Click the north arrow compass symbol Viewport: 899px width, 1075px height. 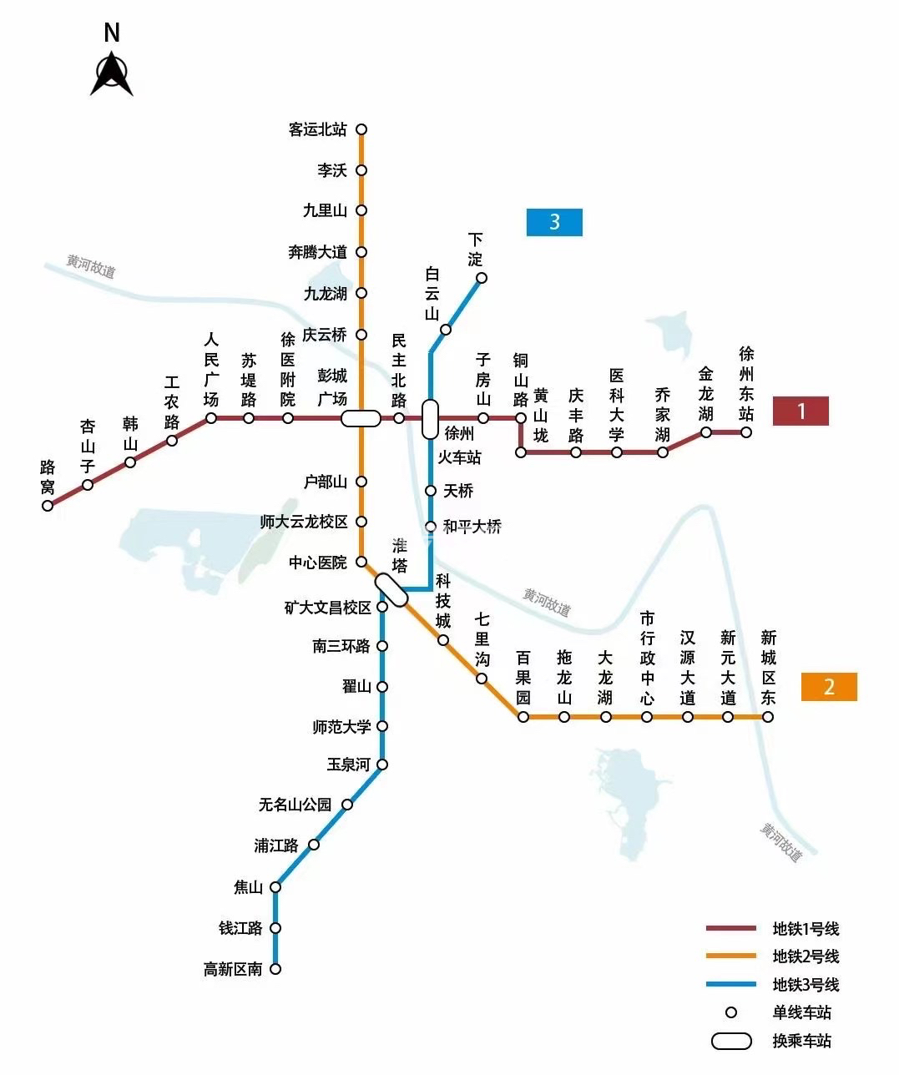coord(112,74)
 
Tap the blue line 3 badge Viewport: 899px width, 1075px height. coord(554,222)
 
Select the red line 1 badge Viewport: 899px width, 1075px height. coord(801,411)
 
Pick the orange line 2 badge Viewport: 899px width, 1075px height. coord(829,686)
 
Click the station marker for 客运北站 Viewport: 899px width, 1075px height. coord(361,129)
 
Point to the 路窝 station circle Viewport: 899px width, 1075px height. coord(48,505)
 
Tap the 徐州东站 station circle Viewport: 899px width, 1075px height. coord(746,432)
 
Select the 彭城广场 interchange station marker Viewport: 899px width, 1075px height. coord(361,418)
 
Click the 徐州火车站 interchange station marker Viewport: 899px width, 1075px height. coord(430,419)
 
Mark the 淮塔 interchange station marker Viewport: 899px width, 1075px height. coord(391,589)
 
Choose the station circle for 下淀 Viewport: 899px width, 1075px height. coord(482,278)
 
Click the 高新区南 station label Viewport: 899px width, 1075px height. coord(233,969)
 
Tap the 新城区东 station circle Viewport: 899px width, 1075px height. coord(768,717)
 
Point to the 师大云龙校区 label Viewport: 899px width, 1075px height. coord(304,522)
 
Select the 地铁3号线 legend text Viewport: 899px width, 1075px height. coord(806,985)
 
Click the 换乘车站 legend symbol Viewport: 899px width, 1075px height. coord(731,1041)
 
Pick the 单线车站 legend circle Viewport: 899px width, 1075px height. coord(731,1012)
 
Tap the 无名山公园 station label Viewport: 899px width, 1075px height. coord(295,805)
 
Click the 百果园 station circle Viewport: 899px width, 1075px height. coord(523,717)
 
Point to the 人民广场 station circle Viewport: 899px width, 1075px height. coord(211,418)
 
